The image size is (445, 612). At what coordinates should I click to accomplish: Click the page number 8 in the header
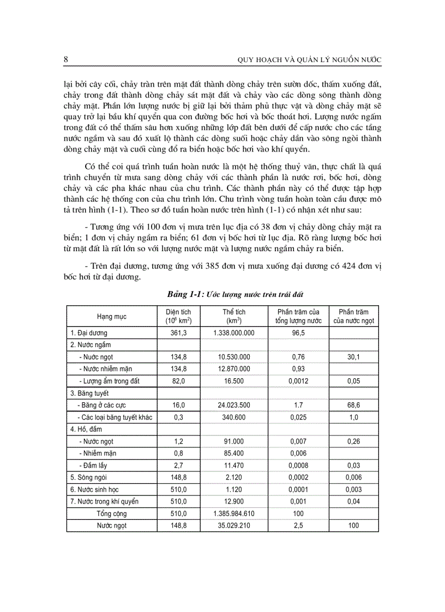[66, 59]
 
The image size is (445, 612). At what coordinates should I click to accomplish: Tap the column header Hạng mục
[111, 317]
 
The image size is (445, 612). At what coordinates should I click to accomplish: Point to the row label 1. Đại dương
[88, 332]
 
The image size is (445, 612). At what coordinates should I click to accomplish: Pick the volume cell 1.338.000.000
[234, 332]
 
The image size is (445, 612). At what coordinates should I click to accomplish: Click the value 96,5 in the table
[298, 332]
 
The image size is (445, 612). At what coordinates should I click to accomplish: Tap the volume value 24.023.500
[234, 405]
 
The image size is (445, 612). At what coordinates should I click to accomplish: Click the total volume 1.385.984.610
[234, 513]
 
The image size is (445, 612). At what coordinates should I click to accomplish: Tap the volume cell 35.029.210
[234, 526]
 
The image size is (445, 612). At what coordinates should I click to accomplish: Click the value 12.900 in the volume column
[234, 501]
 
